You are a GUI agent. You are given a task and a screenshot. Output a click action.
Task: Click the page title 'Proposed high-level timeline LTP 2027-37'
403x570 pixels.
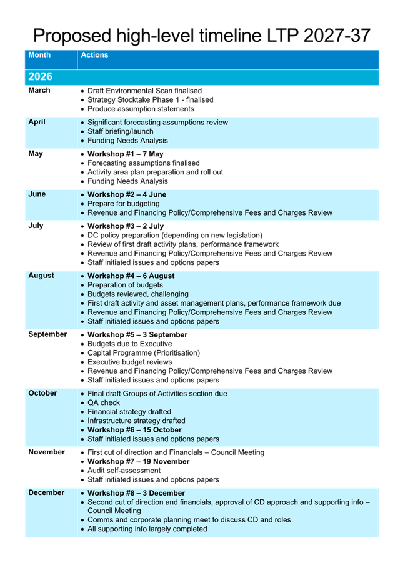point(201,35)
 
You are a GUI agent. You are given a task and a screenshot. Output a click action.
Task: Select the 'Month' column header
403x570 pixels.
point(39,55)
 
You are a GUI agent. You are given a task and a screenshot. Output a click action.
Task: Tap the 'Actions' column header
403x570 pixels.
point(94,55)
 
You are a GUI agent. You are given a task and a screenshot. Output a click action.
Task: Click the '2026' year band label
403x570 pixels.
point(40,77)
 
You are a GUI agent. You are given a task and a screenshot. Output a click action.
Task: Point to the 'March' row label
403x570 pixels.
point(39,91)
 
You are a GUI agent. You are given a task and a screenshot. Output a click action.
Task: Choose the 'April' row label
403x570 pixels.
point(37,122)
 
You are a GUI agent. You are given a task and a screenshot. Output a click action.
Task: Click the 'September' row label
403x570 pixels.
point(47,334)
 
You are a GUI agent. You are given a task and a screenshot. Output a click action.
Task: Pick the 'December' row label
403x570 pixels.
point(46,492)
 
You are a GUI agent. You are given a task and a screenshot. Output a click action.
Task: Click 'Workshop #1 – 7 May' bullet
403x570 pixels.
point(125,154)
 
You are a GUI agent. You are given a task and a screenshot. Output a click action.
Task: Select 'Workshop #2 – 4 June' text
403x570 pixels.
point(127,194)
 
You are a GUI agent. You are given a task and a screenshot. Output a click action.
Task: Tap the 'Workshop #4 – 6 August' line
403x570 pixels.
point(131,276)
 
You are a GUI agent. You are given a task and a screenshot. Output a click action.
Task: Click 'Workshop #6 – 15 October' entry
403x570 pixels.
point(134,430)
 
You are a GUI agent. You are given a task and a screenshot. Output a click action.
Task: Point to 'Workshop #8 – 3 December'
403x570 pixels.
point(136,493)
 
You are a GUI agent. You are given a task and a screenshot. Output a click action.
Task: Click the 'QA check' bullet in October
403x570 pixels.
point(104,403)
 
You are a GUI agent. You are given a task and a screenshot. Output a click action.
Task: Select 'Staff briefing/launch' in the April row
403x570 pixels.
point(120,131)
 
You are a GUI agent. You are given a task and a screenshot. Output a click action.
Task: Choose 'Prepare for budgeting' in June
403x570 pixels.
point(123,204)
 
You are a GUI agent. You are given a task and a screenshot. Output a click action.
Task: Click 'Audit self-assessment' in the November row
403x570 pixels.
point(124,471)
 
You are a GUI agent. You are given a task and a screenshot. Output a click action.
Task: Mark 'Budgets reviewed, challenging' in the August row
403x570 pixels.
point(137,294)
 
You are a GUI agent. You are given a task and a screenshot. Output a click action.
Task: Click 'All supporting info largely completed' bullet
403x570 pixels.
point(147,529)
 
